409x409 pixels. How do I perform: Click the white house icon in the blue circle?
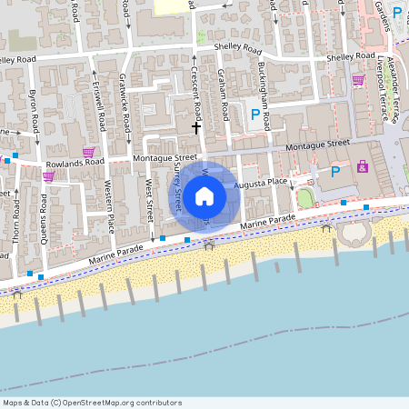(x=204, y=195)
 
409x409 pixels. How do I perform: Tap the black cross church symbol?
(x=195, y=128)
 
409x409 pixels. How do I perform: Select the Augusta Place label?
(x=261, y=183)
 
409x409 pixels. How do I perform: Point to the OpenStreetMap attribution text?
(x=92, y=403)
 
